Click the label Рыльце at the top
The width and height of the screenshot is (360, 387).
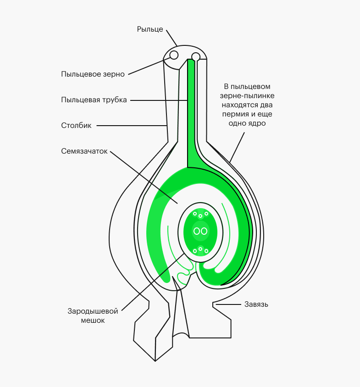click(x=150, y=29)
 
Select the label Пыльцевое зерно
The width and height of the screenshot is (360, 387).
click(x=93, y=74)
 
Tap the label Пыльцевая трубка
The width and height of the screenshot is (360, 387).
click(x=94, y=100)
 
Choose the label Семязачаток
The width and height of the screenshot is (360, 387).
click(x=84, y=151)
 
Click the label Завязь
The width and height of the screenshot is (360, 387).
click(x=256, y=304)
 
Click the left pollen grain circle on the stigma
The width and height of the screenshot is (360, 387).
click(x=174, y=55)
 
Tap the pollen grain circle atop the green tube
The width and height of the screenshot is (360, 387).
click(x=196, y=57)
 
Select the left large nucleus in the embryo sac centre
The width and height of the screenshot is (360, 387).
click(x=197, y=231)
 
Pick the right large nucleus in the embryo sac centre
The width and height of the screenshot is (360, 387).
click(x=204, y=231)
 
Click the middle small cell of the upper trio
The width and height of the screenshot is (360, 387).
click(x=200, y=216)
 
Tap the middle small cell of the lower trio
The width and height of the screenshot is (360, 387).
click(x=200, y=249)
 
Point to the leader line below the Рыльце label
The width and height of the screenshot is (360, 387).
click(x=172, y=38)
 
